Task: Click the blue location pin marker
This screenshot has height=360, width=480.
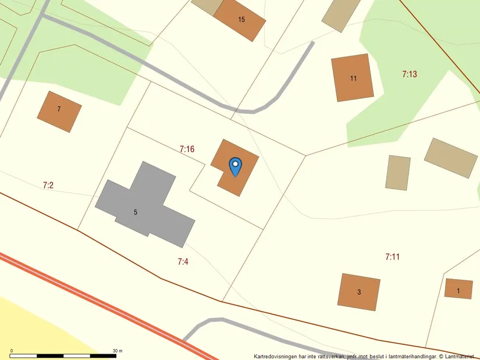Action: [235, 166]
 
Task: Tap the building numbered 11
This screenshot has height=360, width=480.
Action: [353, 78]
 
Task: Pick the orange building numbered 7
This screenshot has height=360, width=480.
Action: [59, 112]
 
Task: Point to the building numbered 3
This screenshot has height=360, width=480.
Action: [359, 292]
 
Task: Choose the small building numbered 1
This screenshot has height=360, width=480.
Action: [458, 289]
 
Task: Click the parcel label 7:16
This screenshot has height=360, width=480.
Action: [187, 149]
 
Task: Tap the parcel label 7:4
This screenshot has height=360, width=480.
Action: [183, 262]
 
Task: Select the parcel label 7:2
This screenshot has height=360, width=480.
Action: [48, 186]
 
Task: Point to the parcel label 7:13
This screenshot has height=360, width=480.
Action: [410, 74]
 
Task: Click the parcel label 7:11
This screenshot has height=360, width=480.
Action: [393, 256]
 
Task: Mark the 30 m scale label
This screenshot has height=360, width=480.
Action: [118, 351]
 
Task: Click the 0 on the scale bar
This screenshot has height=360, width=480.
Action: [12, 351]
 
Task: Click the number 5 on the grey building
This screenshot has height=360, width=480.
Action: [136, 212]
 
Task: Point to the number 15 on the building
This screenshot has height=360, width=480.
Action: [241, 20]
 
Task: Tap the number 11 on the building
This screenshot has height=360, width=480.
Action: [353, 79]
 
